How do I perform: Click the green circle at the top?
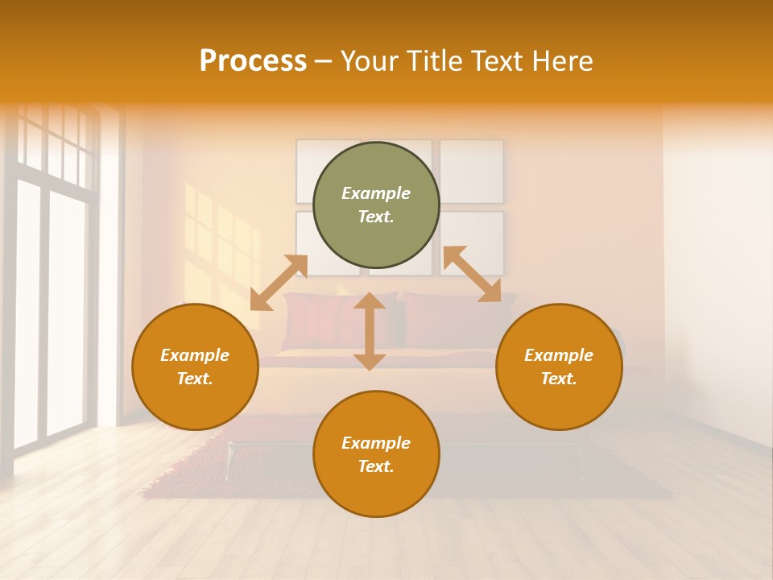pos(376,205)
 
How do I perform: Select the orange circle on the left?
pos(195,367)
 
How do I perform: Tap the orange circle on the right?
pos(559,367)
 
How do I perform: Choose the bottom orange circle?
pos(376,454)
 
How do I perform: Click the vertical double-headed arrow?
pos(370,331)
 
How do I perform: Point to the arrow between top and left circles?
pos(279,283)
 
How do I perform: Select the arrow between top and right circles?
pos(472,274)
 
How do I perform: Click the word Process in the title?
pos(253,61)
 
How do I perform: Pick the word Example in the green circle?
pos(376,193)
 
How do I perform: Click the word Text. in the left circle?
pos(195,379)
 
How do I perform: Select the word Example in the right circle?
pos(559,355)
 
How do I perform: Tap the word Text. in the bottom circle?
pos(376,466)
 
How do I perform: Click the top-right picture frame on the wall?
pos(472,171)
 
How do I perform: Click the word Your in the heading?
pos(367,61)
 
